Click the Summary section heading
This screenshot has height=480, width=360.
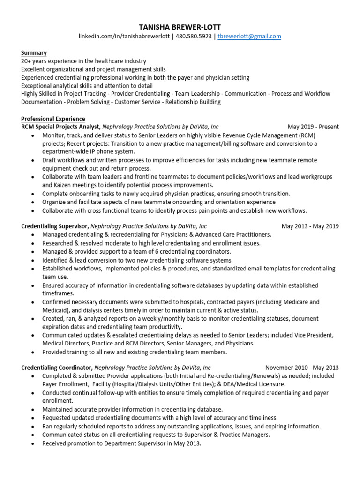[34, 53]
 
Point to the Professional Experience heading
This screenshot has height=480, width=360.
[53, 119]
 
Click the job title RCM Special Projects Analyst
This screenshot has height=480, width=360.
[60, 127]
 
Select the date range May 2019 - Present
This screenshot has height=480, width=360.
[313, 127]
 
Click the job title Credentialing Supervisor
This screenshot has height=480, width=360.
[55, 226]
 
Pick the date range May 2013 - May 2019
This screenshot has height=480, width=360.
[310, 226]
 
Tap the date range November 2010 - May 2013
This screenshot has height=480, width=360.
[302, 367]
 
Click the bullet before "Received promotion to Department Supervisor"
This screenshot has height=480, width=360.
[32, 443]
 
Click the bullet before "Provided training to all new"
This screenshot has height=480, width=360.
[32, 352]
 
